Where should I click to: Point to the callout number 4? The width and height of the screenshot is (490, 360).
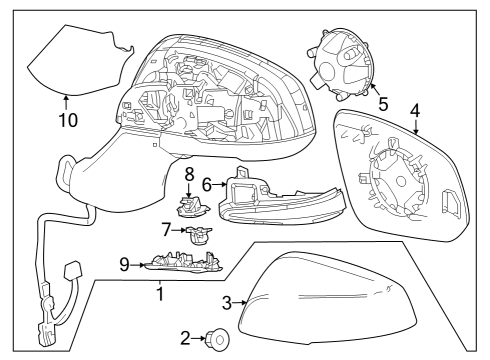click(415, 109)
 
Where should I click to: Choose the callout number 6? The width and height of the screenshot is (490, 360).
click(207, 184)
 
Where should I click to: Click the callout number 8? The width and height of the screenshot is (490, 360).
click(188, 175)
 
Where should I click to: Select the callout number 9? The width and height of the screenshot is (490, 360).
click(125, 264)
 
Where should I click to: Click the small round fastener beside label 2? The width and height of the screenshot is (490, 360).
click(217, 340)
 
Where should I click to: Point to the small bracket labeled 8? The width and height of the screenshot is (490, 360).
click(189, 206)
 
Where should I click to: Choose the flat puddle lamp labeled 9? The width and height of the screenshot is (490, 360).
click(181, 264)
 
